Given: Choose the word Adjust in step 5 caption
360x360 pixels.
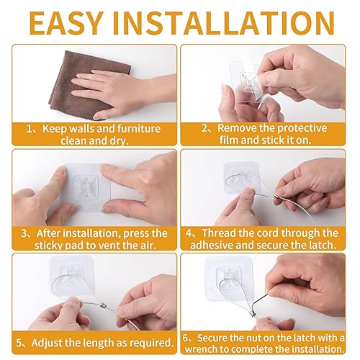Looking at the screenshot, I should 50,342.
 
